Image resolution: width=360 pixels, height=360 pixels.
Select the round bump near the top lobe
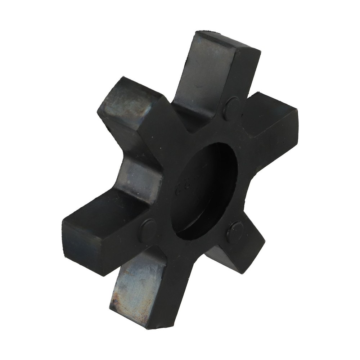pyautogui.click(x=232, y=108)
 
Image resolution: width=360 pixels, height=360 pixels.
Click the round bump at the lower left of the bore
pyautogui.click(x=148, y=230)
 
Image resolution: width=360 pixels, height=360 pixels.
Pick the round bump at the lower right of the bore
pyautogui.click(x=235, y=232)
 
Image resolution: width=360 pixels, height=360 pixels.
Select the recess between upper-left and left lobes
pyautogui.click(x=140, y=176)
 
